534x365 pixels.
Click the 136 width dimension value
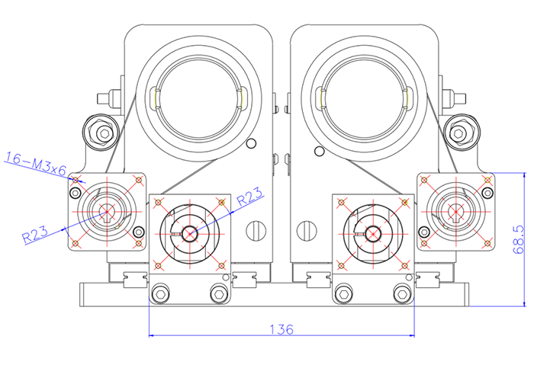pyautogui.click(x=281, y=329)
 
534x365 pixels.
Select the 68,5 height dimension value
pyautogui.click(x=520, y=239)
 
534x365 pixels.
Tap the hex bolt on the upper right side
pyautogui.click(x=458, y=133)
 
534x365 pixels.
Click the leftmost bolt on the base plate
pyautogui.click(x=160, y=293)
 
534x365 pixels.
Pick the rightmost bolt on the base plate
pyautogui.click(x=400, y=293)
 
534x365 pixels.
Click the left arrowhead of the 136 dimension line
pyautogui.click(x=150, y=335)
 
